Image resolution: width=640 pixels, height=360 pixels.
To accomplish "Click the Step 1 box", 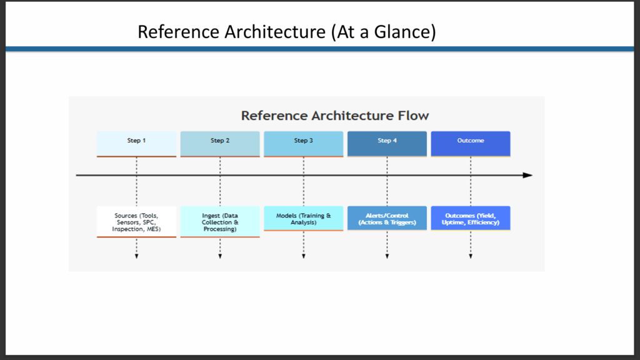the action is click(x=136, y=144).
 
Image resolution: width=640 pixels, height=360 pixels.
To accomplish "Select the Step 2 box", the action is click(x=220, y=144).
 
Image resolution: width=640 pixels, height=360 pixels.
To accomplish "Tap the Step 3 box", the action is click(x=304, y=144).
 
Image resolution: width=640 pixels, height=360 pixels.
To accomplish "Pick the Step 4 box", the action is click(x=387, y=144).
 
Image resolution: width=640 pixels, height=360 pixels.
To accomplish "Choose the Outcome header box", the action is click(x=471, y=144).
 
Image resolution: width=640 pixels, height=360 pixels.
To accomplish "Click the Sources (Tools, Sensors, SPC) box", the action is click(x=136, y=222).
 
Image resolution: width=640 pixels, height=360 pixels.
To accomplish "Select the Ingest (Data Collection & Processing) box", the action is click(x=220, y=222).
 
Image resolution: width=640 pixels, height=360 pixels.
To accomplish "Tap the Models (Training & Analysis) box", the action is click(x=304, y=218).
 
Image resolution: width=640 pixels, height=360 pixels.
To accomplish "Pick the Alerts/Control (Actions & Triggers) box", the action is click(x=387, y=218).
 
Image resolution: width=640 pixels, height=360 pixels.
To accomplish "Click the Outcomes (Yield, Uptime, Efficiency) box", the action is click(x=471, y=218).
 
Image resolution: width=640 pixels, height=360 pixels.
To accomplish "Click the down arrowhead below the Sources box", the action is click(x=137, y=256).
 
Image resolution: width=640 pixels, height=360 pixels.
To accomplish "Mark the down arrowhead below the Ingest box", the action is click(x=220, y=256).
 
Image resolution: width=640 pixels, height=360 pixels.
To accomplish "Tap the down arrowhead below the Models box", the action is click(x=304, y=256).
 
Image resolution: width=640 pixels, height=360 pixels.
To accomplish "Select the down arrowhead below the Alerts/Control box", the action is click(x=387, y=256).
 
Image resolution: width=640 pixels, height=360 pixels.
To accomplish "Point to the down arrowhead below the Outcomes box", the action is click(x=471, y=256).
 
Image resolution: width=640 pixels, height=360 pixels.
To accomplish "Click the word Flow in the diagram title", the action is click(x=413, y=116).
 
